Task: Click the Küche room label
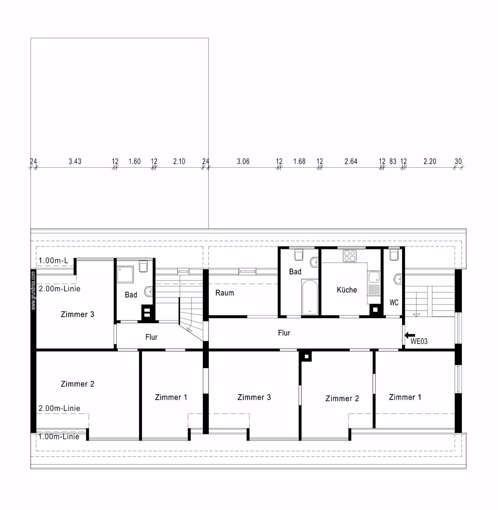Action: [x=347, y=290]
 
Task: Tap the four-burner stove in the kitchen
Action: [x=350, y=256]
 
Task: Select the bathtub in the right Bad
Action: [x=310, y=297]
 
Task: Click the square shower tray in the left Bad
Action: [x=125, y=275]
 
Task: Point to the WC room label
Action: [x=394, y=302]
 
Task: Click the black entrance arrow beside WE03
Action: [x=410, y=335]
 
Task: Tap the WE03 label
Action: [x=419, y=341]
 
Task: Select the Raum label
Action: [x=225, y=293]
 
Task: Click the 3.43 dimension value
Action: [x=75, y=161]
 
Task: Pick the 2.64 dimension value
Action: [x=351, y=161]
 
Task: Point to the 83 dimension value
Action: [x=393, y=161]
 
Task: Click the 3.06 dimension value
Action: [x=243, y=161]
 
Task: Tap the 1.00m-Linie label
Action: [x=59, y=437]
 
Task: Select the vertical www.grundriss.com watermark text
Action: [x=33, y=290]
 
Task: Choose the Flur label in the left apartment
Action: [x=151, y=337]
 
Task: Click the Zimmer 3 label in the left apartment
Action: [x=77, y=314]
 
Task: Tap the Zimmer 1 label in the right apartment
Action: [x=405, y=397]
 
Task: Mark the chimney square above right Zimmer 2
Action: [x=306, y=357]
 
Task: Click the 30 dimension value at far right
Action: [x=458, y=161]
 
